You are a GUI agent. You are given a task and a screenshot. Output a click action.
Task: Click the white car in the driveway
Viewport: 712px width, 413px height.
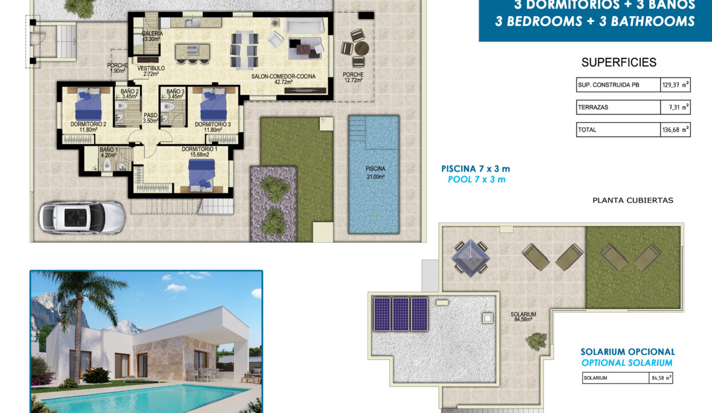pos(82,217)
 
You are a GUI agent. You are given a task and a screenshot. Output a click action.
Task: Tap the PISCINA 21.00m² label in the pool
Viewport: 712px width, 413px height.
pos(375,172)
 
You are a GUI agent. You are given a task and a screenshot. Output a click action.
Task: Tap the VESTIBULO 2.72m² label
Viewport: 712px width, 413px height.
pos(151,71)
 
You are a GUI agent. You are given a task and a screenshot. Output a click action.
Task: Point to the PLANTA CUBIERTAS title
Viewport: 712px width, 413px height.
pos(632,200)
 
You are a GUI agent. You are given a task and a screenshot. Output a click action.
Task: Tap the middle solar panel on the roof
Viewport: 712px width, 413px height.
pos(401,314)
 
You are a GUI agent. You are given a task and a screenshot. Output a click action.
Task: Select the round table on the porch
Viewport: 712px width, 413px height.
pos(359,49)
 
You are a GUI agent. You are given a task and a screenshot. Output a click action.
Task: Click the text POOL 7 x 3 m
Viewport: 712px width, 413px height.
pos(476,180)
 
